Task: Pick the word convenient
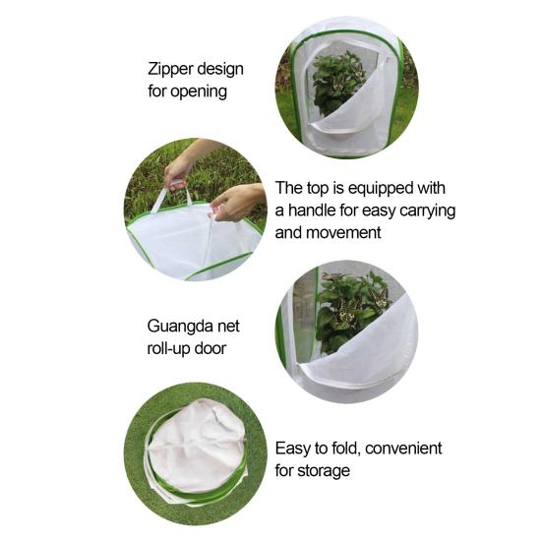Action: coord(399,449)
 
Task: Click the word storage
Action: coord(325,471)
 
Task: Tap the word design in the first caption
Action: coord(219,70)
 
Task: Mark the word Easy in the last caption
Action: coord(294,449)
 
